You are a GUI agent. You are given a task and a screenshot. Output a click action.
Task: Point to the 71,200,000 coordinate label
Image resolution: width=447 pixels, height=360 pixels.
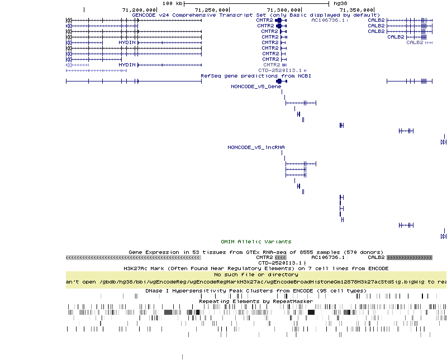click(x=139, y=9)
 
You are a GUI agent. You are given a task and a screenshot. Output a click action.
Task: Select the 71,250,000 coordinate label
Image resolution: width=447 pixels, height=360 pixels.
click(x=212, y=9)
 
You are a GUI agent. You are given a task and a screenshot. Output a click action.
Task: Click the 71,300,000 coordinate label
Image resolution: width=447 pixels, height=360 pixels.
click(x=284, y=9)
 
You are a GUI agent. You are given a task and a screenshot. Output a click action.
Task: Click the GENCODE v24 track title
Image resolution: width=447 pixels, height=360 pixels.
click(x=255, y=15)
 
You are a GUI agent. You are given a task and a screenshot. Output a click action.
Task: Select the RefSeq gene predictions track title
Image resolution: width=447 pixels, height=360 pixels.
click(x=256, y=75)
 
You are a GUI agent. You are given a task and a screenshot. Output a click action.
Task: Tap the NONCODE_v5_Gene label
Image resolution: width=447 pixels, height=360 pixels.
click(x=256, y=87)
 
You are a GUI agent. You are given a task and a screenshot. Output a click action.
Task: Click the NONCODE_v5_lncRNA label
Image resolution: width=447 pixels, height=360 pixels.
click(x=256, y=147)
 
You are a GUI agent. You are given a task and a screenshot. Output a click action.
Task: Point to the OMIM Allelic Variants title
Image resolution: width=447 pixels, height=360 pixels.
click(x=256, y=242)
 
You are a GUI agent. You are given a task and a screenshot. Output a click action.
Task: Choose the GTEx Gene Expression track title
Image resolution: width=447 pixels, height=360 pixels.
click(x=256, y=252)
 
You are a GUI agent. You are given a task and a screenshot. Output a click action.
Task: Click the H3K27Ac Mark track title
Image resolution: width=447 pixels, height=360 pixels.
click(x=256, y=268)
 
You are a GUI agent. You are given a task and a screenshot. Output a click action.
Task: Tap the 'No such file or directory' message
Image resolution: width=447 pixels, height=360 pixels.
click(x=256, y=275)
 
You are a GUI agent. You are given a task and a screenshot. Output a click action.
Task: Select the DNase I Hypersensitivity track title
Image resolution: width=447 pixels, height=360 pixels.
click(x=256, y=291)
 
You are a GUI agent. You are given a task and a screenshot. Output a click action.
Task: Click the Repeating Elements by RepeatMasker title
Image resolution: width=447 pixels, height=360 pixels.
click(x=256, y=301)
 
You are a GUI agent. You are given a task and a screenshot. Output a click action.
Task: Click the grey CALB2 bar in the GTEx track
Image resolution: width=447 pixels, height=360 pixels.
click(x=410, y=258)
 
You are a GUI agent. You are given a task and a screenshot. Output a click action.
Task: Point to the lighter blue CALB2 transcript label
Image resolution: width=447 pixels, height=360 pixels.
click(x=415, y=42)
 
